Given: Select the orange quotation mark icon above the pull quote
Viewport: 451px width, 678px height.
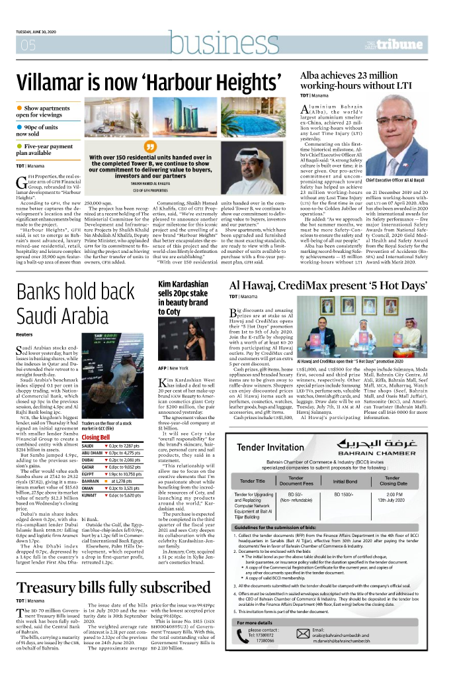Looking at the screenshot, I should pyautogui.click(x=149, y=146).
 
